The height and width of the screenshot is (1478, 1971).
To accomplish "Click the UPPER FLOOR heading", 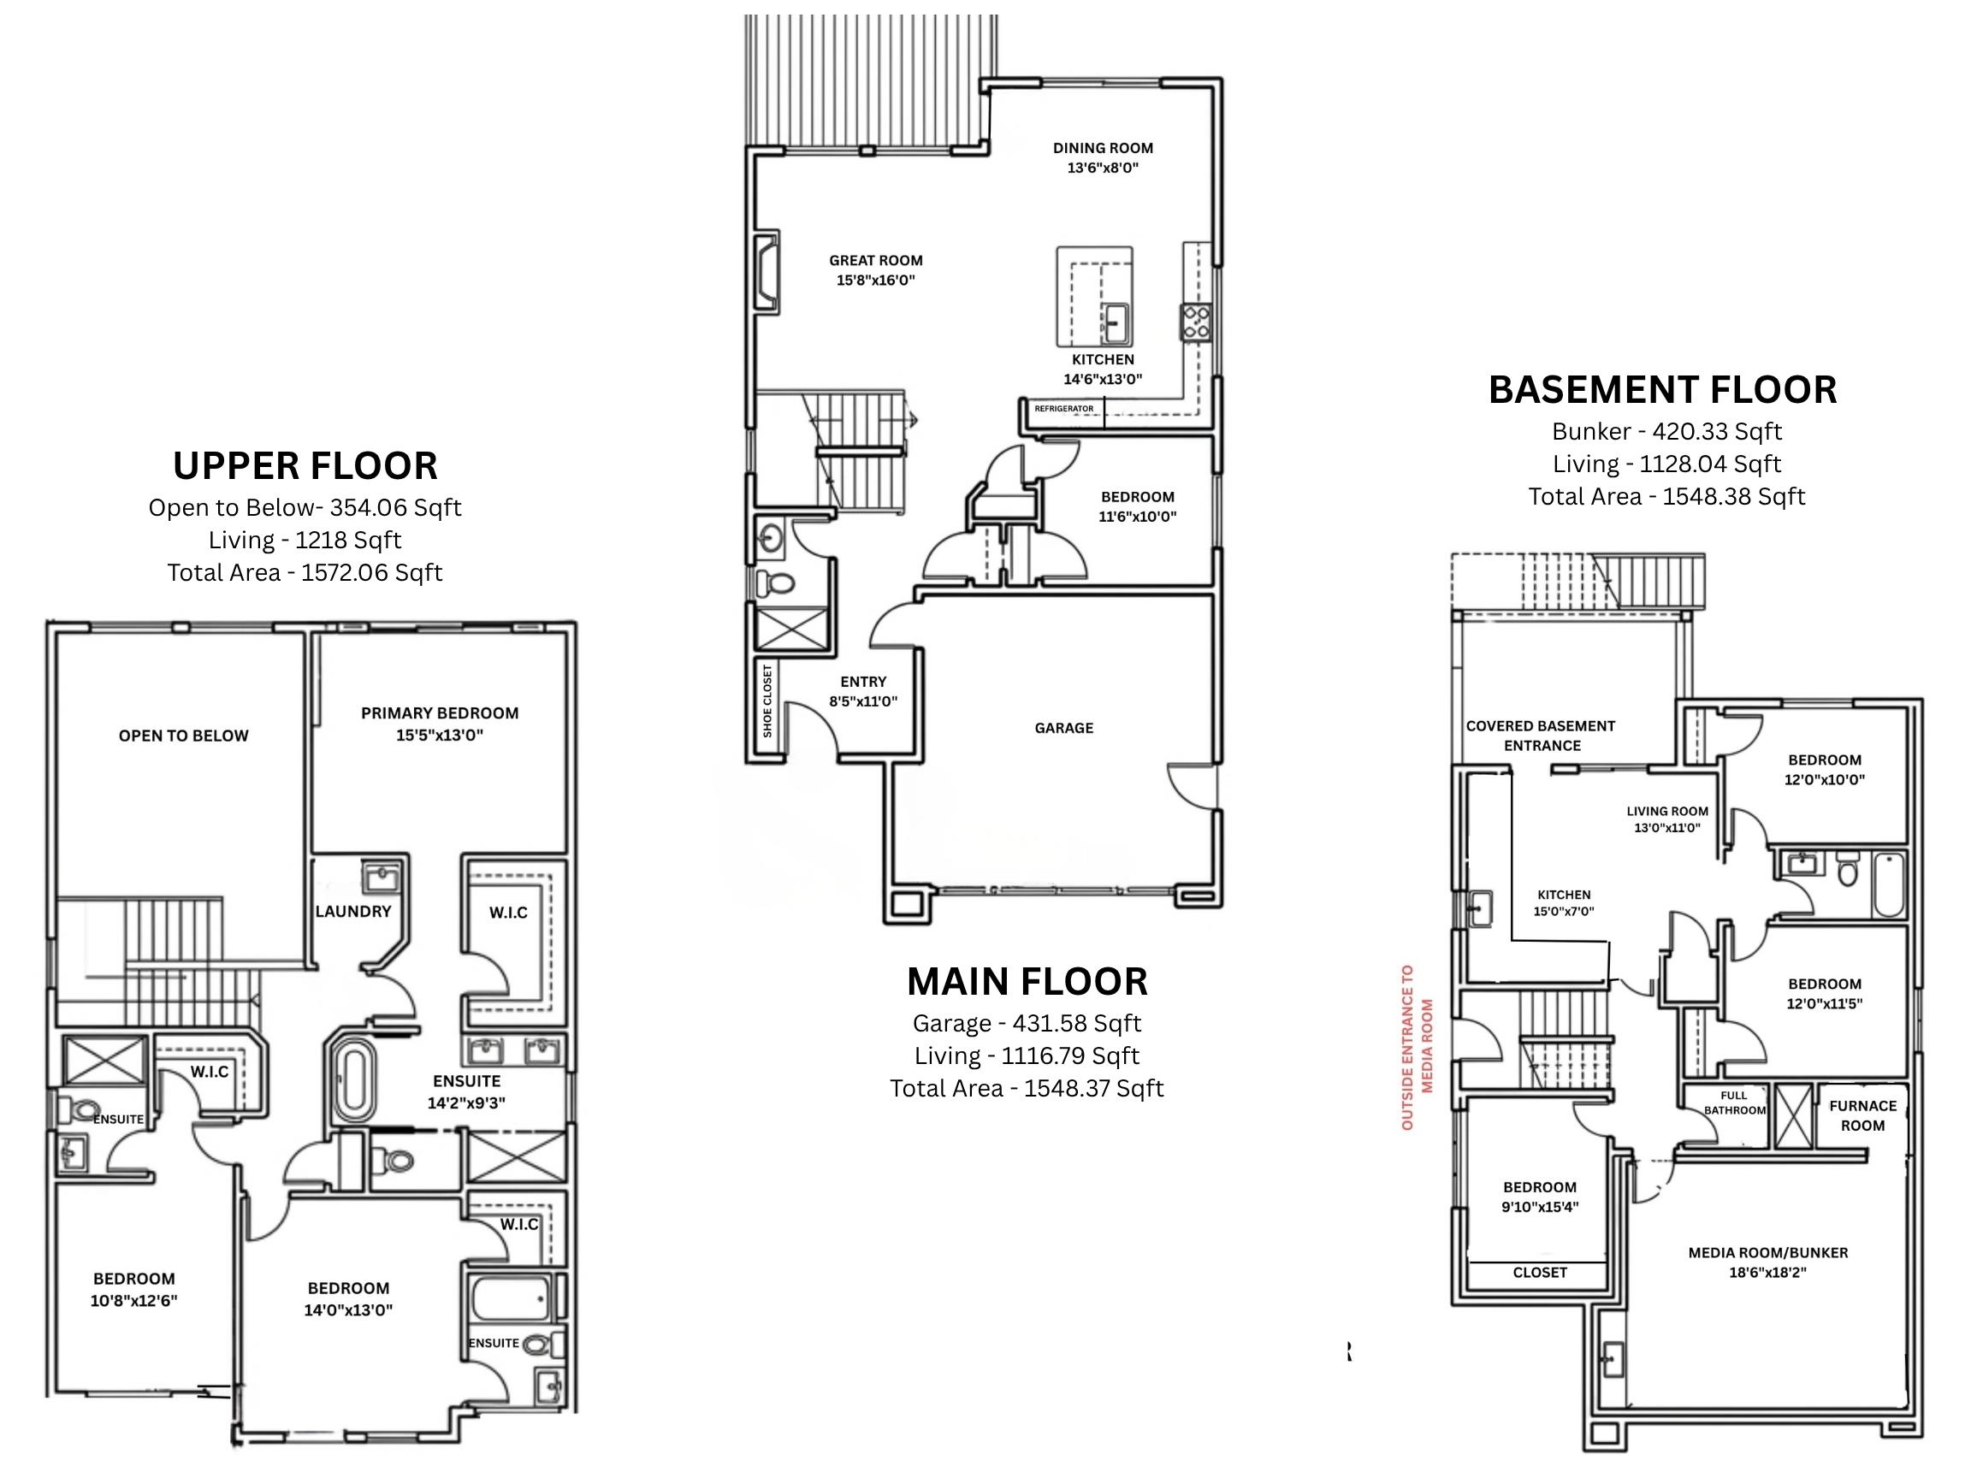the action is (305, 466).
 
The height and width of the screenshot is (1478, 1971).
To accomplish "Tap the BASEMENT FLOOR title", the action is (1663, 390).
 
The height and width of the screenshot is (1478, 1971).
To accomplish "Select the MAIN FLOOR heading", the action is (1027, 982).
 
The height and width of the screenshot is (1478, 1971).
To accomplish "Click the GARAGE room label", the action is (1064, 728).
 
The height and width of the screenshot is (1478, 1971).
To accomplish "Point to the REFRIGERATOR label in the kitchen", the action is (1064, 409).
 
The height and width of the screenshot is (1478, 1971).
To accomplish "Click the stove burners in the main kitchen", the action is (1196, 322).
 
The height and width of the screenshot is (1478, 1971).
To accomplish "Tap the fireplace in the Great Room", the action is (766, 271).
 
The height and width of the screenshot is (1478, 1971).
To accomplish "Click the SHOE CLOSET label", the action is (768, 701).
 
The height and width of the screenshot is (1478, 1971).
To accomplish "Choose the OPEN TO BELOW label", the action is (184, 736).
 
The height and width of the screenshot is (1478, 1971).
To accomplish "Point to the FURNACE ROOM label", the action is (1863, 1115).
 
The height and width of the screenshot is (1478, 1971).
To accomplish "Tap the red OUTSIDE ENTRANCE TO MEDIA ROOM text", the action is (1417, 1048).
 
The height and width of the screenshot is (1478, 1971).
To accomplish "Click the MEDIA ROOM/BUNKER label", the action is (1768, 1252).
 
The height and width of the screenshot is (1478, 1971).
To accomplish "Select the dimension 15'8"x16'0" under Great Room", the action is (876, 280).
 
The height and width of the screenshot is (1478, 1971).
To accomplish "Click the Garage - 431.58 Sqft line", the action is (1027, 1023).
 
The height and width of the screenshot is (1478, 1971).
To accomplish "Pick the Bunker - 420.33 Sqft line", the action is (1666, 431).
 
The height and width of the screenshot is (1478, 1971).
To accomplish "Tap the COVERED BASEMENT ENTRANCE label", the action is (1542, 736).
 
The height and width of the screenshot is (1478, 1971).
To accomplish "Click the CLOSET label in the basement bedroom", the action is (1540, 1272).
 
